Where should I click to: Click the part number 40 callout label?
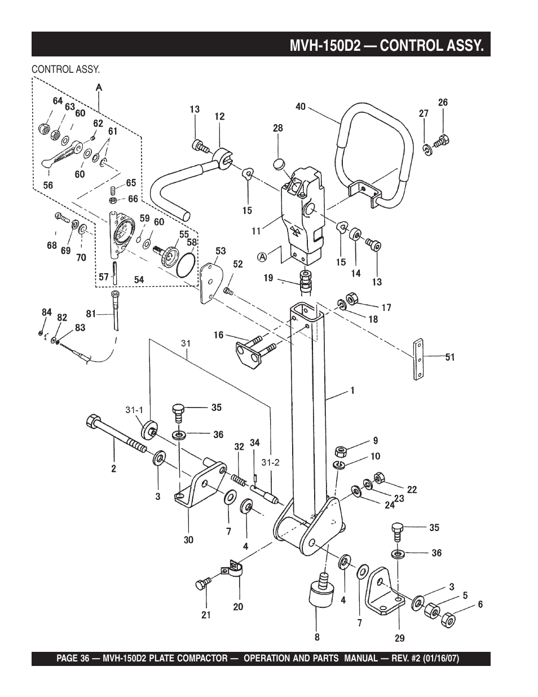[x=301, y=107]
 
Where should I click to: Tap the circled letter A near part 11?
[x=262, y=256]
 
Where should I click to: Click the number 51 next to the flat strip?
[x=450, y=357]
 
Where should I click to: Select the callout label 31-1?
[x=134, y=410]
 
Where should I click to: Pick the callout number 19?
[x=268, y=278]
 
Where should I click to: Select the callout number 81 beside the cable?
[x=91, y=313]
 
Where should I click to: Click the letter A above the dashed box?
[x=99, y=87]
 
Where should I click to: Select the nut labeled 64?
[x=44, y=129]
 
